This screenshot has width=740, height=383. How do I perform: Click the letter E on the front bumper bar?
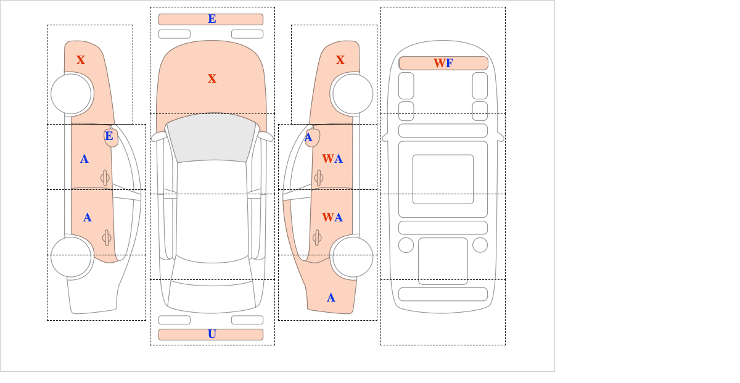pos(212,19)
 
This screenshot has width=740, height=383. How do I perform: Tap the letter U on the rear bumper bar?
pos(212,334)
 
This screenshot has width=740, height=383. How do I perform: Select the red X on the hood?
pos(212,78)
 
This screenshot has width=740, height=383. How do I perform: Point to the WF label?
pos(443,63)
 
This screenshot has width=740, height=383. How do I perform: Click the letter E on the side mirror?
pos(109,136)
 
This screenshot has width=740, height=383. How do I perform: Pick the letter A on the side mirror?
pos(308,137)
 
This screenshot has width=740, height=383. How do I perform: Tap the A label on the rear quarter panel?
pos(331,298)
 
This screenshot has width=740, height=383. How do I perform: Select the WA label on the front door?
pos(332,159)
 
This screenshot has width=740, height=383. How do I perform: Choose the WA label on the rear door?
pos(332,218)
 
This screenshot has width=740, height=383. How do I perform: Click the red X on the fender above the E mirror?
pos(81,60)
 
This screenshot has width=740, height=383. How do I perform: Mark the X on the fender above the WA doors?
pos(340,60)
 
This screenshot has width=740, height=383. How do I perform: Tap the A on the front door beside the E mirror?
pos(84,159)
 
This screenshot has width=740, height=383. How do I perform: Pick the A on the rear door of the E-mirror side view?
pos(87,218)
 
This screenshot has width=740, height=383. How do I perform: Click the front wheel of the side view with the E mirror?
pos(71,94)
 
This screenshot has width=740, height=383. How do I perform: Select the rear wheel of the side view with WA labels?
pos(353,257)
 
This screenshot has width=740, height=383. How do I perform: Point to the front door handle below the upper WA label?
pos(319,178)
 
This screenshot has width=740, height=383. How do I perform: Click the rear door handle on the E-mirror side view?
pos(106,237)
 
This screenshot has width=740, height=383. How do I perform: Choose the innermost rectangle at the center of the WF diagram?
pos(443,179)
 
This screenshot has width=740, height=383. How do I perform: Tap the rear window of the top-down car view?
pos(212,293)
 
